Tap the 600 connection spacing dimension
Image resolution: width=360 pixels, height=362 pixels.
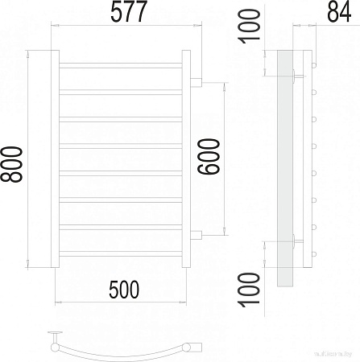pyautogui.click(x=208, y=159)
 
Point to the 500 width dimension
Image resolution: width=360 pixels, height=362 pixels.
pyautogui.click(x=121, y=288)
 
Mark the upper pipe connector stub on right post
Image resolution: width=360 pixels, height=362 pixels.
pyautogui.click(x=196, y=81)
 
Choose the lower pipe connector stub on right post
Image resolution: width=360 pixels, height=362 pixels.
pyautogui.click(x=196, y=234)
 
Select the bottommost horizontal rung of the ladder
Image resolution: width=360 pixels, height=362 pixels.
pyautogui.click(x=121, y=252)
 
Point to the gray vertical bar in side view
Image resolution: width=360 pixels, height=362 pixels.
pyautogui.click(x=284, y=169)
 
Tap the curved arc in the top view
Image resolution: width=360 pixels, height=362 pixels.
pyautogui.click(x=121, y=355)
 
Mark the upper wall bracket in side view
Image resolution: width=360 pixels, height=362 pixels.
pyautogui.click(x=299, y=77)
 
